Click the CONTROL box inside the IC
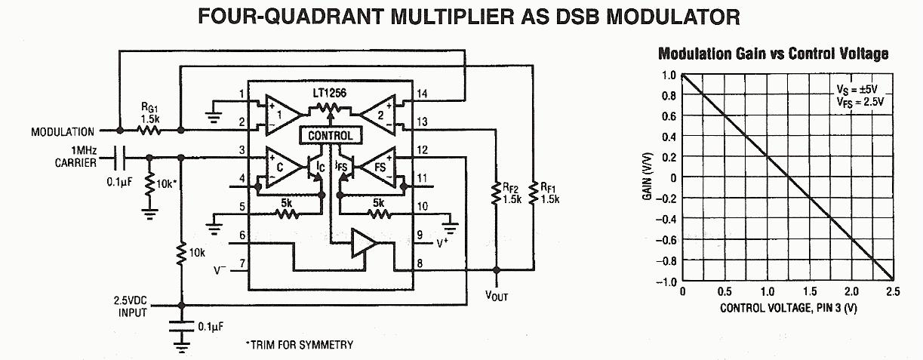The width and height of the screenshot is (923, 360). pos(331,136)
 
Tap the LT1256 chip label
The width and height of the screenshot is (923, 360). pos(330,93)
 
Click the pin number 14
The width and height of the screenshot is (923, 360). pos(421,94)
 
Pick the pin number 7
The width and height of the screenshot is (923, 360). pos(242,264)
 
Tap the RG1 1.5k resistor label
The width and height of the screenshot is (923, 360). pos(149,112)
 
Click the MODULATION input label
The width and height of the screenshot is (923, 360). pos(63,131)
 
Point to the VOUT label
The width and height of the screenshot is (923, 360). pos(495,296)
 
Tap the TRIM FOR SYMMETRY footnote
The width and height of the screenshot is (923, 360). pos(299,345)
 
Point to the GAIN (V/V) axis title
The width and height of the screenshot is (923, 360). pos(648,179)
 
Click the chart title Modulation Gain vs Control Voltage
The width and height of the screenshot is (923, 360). pos(773,54)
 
